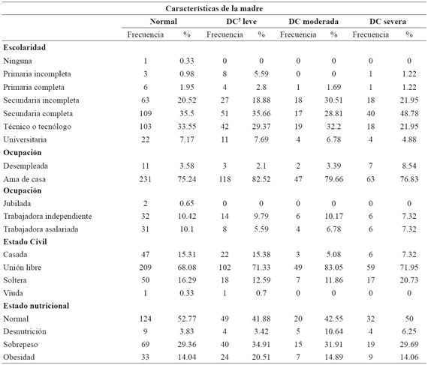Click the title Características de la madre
214,8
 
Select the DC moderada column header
313,22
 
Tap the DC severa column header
387,22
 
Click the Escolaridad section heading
24,47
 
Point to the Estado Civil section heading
25,241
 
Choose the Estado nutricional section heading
36,306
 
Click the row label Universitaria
25,139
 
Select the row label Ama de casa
24,179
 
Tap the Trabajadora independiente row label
47,216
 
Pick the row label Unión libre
22,268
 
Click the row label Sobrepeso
20,344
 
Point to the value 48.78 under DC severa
409,113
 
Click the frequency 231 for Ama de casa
145,179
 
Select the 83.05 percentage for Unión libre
333,268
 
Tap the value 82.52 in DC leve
261,179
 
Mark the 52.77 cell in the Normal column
187,319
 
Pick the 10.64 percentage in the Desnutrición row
333,331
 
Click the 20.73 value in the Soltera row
409,280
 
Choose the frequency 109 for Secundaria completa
145,113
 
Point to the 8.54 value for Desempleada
409,166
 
